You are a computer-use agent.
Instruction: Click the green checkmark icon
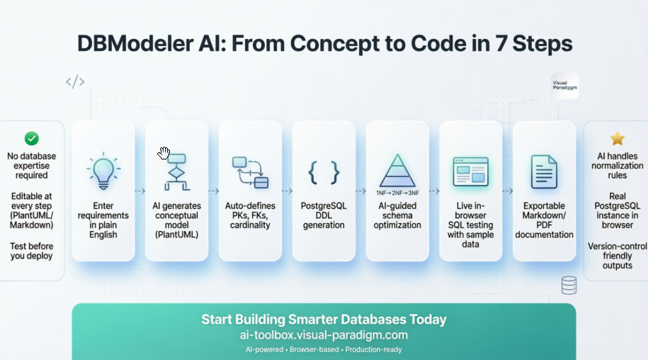click(x=32, y=138)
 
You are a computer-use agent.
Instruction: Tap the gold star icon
click(x=618, y=138)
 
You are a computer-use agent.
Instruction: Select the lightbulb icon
click(x=103, y=171)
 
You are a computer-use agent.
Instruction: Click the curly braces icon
click(x=324, y=171)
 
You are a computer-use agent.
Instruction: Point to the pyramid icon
click(x=397, y=170)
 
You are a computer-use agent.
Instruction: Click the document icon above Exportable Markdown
click(x=544, y=171)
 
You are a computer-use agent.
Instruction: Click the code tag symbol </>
click(x=75, y=81)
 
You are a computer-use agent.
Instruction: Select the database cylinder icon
click(x=568, y=285)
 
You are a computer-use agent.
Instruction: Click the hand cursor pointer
click(x=164, y=152)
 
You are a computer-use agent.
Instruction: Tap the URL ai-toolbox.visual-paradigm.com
click(x=324, y=335)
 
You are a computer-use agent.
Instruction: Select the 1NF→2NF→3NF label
click(x=397, y=192)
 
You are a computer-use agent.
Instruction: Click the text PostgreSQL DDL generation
click(x=324, y=215)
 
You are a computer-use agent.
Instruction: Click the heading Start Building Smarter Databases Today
click(x=324, y=319)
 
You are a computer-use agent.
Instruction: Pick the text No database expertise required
click(x=32, y=166)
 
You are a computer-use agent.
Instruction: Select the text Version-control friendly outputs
click(x=618, y=256)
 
